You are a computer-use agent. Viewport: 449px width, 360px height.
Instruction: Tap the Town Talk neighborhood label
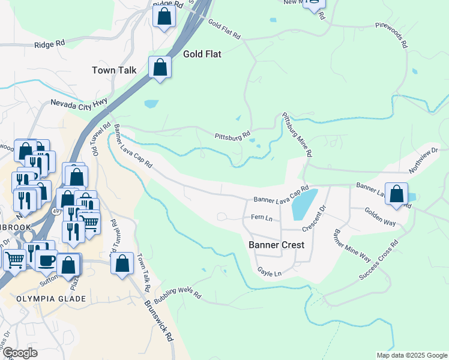[114, 70]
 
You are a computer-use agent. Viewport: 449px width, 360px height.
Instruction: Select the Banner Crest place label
[276, 245]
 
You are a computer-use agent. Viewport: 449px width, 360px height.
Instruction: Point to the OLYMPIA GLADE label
[51, 299]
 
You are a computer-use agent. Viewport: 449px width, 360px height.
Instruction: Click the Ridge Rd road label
[49, 44]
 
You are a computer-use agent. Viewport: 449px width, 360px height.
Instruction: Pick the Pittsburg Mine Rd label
[297, 135]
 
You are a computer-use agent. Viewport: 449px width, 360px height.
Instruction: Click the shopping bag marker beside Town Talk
[160, 67]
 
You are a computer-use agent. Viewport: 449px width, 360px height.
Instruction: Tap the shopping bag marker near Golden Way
[396, 194]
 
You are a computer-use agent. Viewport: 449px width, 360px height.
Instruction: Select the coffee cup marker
[46, 260]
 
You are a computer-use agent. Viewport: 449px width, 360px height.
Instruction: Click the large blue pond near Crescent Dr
[304, 204]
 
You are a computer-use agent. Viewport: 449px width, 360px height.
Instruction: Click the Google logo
[20, 353]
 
